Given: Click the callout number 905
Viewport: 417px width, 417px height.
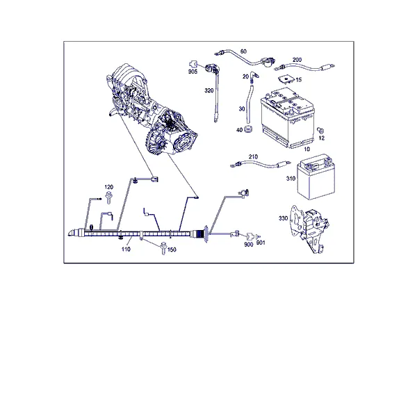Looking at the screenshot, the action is tap(193, 72).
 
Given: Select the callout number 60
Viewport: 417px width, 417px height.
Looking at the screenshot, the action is tap(243, 51).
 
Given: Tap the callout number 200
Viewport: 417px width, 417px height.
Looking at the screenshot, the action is tap(297, 60).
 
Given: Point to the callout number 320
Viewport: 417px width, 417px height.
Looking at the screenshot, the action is tap(209, 90).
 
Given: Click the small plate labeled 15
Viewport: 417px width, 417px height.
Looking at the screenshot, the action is tap(286, 79).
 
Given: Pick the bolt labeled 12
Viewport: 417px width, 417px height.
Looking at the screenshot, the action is tap(320, 131).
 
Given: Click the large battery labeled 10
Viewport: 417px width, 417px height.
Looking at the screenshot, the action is tap(287, 118).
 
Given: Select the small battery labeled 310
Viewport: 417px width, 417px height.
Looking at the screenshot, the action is tap(316, 177).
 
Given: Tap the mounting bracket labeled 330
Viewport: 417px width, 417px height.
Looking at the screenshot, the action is tap(309, 228).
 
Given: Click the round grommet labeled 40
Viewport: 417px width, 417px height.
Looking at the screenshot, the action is tap(248, 129).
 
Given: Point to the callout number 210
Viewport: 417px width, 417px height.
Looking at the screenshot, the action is tap(253, 157).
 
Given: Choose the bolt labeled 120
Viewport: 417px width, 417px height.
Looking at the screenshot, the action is tap(108, 197).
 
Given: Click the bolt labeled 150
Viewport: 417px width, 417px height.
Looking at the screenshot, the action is tap(163, 248).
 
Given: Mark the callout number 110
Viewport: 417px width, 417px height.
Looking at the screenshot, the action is tap(126, 250).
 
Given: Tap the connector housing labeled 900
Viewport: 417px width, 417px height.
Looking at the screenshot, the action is tap(250, 236).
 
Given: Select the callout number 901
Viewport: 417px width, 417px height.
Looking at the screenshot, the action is tap(261, 243).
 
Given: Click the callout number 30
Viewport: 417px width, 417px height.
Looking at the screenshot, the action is tap(242, 109).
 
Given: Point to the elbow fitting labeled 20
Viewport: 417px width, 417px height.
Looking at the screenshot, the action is tap(253, 76).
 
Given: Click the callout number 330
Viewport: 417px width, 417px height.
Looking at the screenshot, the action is tap(284, 218).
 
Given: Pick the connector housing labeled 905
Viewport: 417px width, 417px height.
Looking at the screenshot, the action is tap(193, 65).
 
